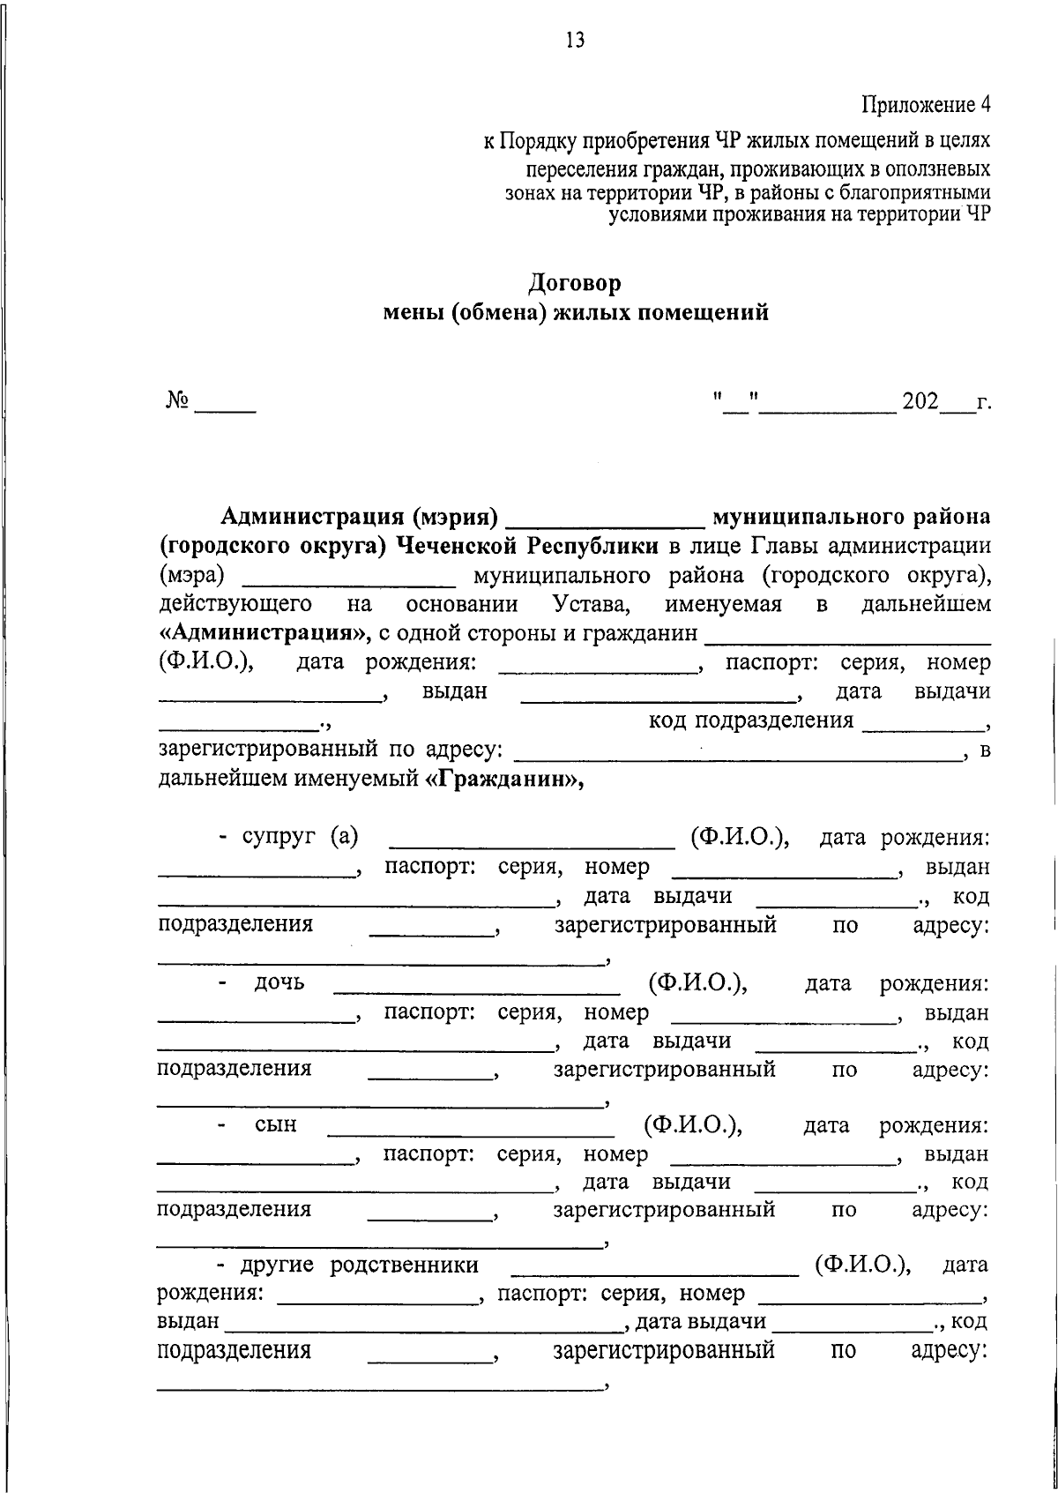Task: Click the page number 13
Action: pyautogui.click(x=575, y=41)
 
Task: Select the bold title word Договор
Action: pyautogui.click(x=575, y=283)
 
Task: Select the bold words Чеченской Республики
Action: pyautogui.click(x=527, y=545)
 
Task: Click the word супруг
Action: pyautogui.click(x=279, y=837)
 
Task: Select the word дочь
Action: pyautogui.click(x=279, y=982)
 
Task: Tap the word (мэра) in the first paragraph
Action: pyautogui.click(x=191, y=576)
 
